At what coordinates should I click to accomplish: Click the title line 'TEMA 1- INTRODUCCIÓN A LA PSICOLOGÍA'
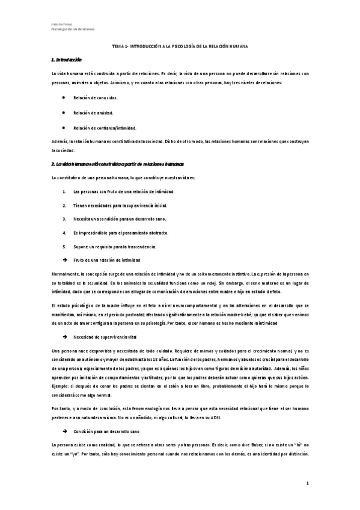click(180, 46)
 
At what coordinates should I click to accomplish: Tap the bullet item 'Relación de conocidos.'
click(96, 97)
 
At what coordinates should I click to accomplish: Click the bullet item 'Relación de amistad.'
click(93, 112)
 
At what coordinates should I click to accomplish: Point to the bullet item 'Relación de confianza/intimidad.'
click(105, 127)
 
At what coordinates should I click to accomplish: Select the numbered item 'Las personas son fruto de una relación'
click(123, 191)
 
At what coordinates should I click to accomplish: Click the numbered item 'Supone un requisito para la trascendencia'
click(114, 247)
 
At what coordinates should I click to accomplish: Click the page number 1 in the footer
click(307, 483)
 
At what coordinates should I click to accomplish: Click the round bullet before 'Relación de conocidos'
click(64, 97)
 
